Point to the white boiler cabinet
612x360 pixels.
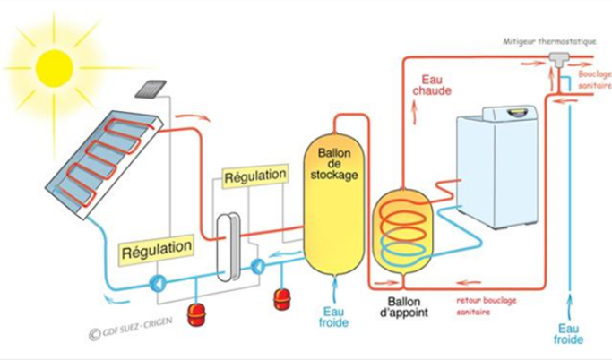click(496, 175)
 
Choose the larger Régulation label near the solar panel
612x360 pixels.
click(156, 246)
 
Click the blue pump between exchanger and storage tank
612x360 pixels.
click(258, 266)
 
